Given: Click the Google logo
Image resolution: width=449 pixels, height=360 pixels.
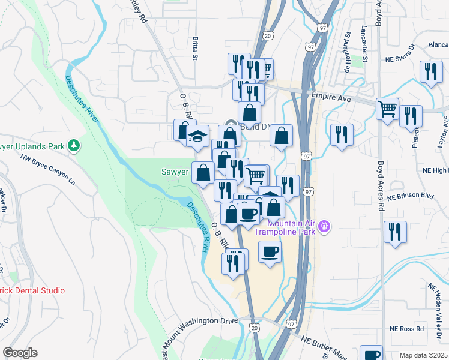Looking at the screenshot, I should click(20, 353).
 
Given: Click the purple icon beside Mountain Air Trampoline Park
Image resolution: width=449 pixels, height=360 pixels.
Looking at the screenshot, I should click(324, 226).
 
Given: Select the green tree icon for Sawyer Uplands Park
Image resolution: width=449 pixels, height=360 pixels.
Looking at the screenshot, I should click(74, 145).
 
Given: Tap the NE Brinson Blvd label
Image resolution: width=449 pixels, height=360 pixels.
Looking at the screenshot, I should click(410, 196).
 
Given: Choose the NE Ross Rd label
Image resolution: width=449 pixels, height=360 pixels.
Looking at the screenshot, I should click(406, 329).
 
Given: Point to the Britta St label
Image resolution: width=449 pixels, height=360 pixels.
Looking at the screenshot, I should click(195, 48).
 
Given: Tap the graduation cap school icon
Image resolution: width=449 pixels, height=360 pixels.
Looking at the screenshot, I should click(197, 136).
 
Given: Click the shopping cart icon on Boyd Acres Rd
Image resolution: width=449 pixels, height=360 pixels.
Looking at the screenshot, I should click(387, 109).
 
